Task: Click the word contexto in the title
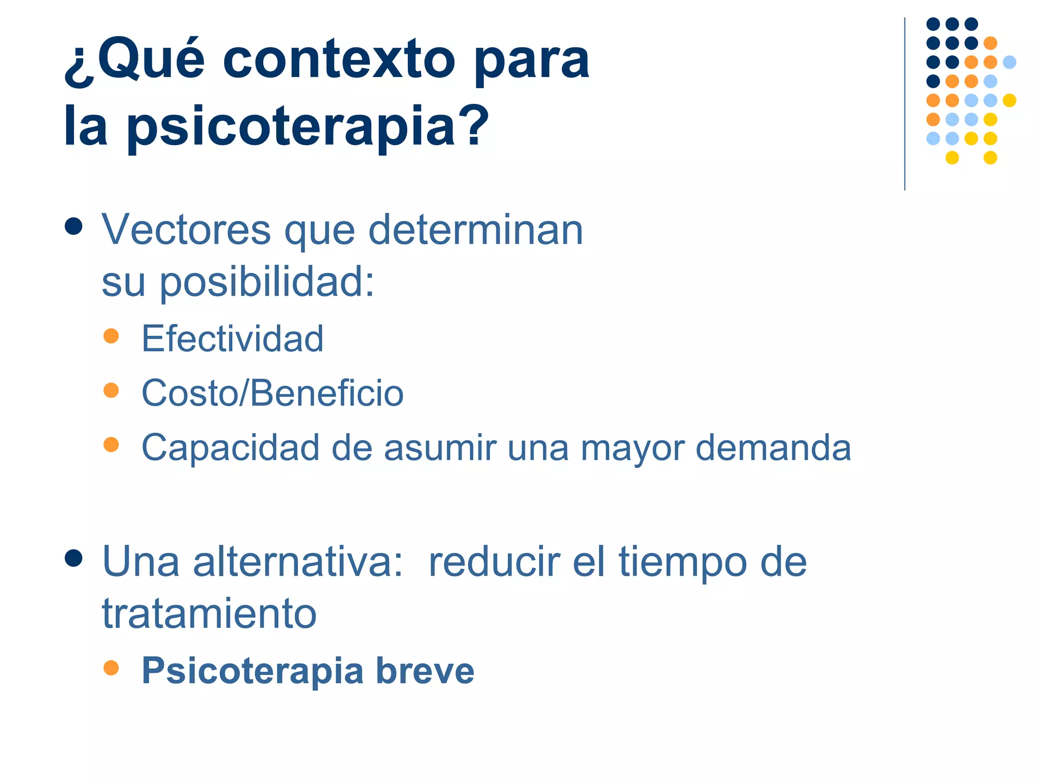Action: coord(339,61)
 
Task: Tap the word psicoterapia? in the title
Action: coord(307,127)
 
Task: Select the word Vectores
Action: coord(186,230)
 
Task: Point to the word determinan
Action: coord(475,230)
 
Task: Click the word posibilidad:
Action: coord(267,282)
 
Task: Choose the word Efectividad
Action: coord(232,338)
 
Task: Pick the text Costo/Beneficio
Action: coord(272,393)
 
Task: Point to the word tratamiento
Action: coord(210,614)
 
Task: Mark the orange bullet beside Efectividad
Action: coord(111,336)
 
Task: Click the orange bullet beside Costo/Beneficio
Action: coord(111,390)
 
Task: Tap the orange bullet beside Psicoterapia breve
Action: coord(111,667)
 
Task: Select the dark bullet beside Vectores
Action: coord(74,226)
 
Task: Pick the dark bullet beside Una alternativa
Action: coord(74,558)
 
